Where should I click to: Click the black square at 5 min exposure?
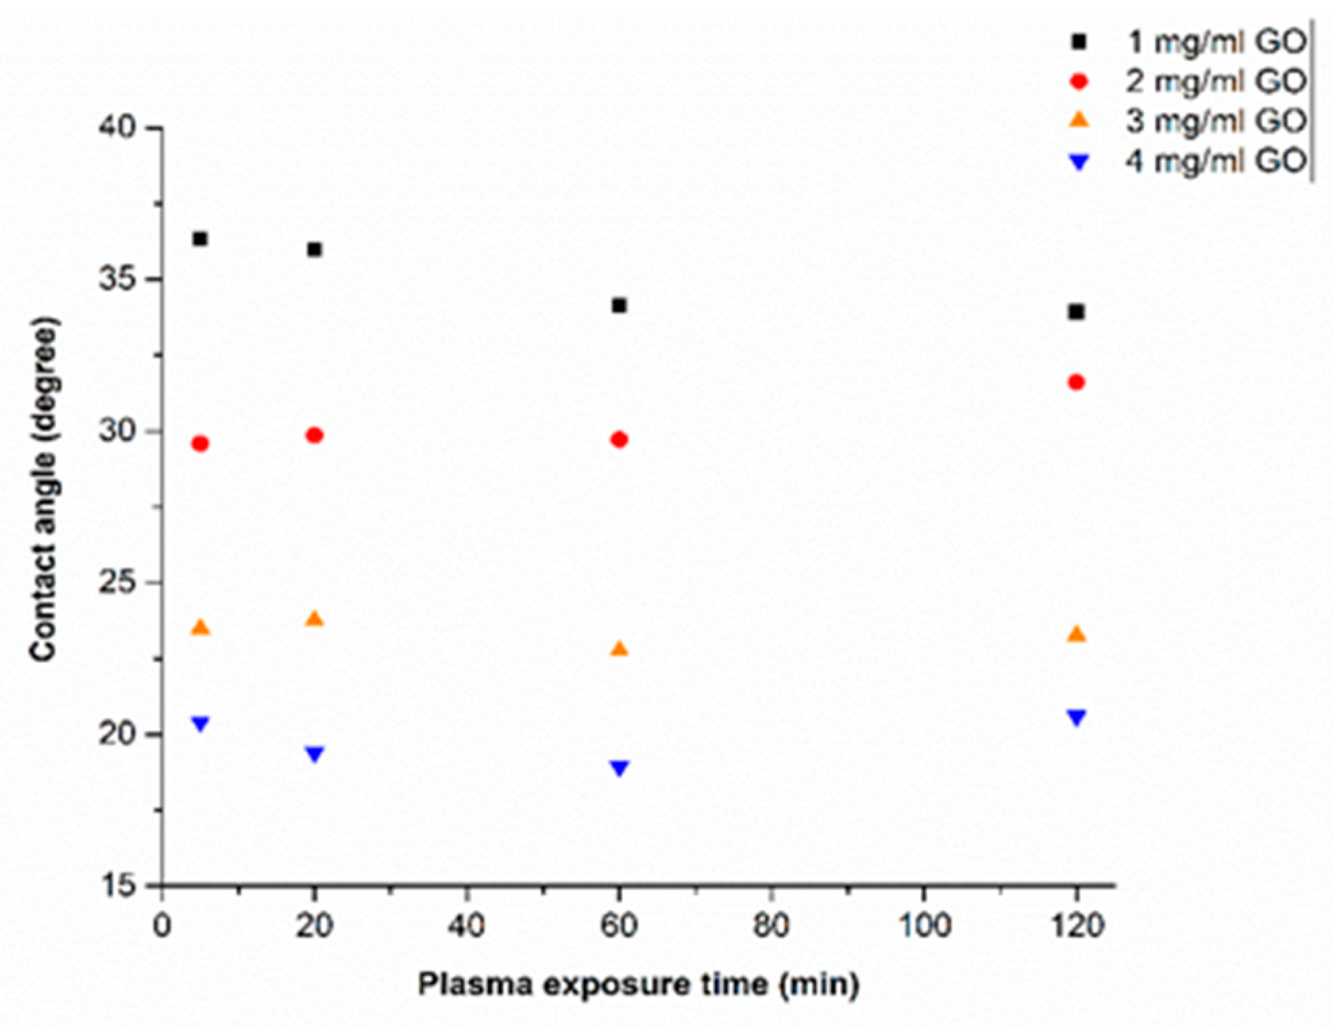200,239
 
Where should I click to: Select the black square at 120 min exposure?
1077,312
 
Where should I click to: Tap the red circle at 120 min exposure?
1077,383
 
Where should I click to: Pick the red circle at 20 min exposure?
315,435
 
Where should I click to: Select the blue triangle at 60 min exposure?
620,767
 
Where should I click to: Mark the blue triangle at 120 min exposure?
1077,717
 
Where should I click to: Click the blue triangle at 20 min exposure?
315,753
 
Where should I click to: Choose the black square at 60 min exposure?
619,306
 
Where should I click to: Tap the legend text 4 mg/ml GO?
1216,161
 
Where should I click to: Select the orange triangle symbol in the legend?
1080,121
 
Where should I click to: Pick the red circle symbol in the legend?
1080,82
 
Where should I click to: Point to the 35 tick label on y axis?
119,279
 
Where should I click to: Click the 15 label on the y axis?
119,886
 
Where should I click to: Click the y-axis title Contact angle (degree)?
45,489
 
